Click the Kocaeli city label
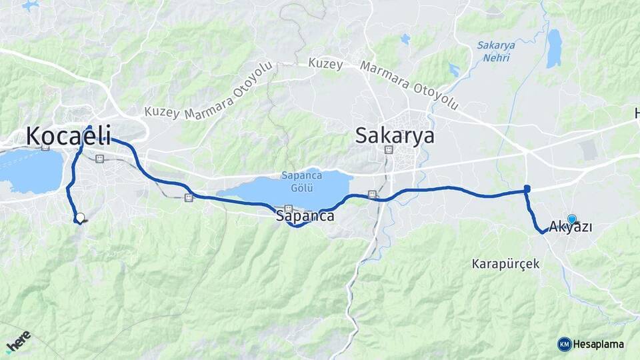tap(68, 135)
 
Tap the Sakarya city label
tap(395, 136)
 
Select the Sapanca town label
tap(305, 217)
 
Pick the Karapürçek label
tap(505, 263)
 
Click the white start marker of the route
tap(80, 217)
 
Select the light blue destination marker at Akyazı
tap(571, 219)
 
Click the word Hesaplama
tap(599, 344)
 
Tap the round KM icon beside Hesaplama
tap(564, 344)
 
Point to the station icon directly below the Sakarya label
tap(389, 149)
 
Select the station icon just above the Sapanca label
tap(289, 207)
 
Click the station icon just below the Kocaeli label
tap(100, 159)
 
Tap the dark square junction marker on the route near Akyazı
tap(527, 189)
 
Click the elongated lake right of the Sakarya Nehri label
tap(553, 49)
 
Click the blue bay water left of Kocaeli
tap(30, 170)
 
